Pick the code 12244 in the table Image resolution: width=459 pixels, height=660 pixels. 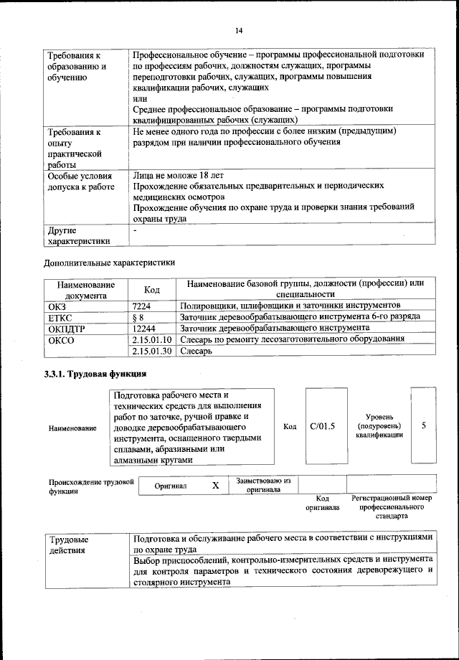tap(146, 328)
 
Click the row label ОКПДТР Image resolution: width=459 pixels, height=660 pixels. tap(68, 328)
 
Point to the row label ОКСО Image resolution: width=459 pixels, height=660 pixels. tap(61, 339)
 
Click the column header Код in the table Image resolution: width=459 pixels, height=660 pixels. tap(151, 289)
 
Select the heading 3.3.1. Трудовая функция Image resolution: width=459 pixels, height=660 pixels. tap(95, 374)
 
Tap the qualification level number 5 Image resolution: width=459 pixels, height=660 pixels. tap(424, 426)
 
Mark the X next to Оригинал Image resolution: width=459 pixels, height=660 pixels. tap(214, 486)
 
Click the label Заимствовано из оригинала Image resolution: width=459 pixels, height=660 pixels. tap(262, 486)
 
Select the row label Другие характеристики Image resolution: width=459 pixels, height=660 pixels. tap(79, 236)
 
